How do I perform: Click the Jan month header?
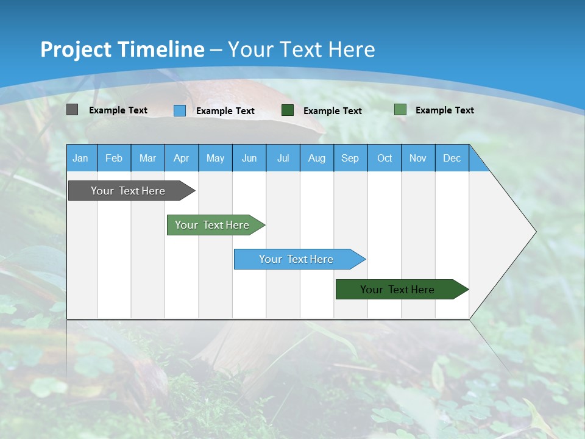(x=80, y=158)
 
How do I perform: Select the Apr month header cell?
(x=181, y=158)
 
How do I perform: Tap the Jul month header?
(x=283, y=158)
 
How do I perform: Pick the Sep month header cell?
(x=350, y=158)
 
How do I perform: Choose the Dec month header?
(x=452, y=158)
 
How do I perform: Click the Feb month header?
(x=114, y=158)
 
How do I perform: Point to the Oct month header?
(x=385, y=158)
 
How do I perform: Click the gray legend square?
(x=72, y=110)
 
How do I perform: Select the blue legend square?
(x=180, y=110)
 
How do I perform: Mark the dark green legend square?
(x=288, y=110)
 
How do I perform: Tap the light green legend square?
(x=400, y=110)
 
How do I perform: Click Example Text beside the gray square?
(x=118, y=110)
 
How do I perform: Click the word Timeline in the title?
(x=164, y=49)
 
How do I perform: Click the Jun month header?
(x=249, y=158)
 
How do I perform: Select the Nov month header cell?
(x=418, y=158)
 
